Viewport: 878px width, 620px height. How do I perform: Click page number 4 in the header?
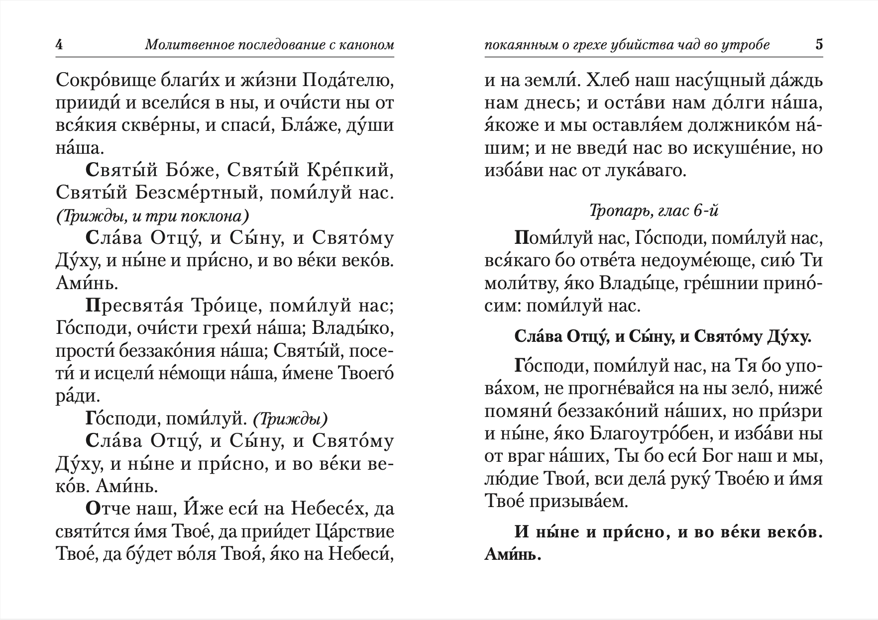pyautogui.click(x=59, y=45)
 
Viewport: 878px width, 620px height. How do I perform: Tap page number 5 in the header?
pyautogui.click(x=819, y=45)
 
